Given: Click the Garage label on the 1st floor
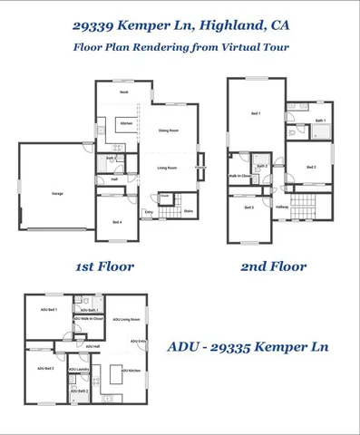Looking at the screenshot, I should click(x=57, y=194).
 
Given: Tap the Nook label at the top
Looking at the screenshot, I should click(x=124, y=92).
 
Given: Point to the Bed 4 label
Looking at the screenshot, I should click(x=117, y=222).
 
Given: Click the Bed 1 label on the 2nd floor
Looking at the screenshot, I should click(x=255, y=113).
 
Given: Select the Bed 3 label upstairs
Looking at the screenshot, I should click(x=248, y=208).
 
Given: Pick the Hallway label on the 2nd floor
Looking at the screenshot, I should click(x=282, y=208).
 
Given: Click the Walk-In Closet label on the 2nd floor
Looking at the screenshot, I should click(x=240, y=176).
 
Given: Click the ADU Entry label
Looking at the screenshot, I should click(x=139, y=341).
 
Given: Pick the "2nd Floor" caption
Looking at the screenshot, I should click(x=273, y=266).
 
